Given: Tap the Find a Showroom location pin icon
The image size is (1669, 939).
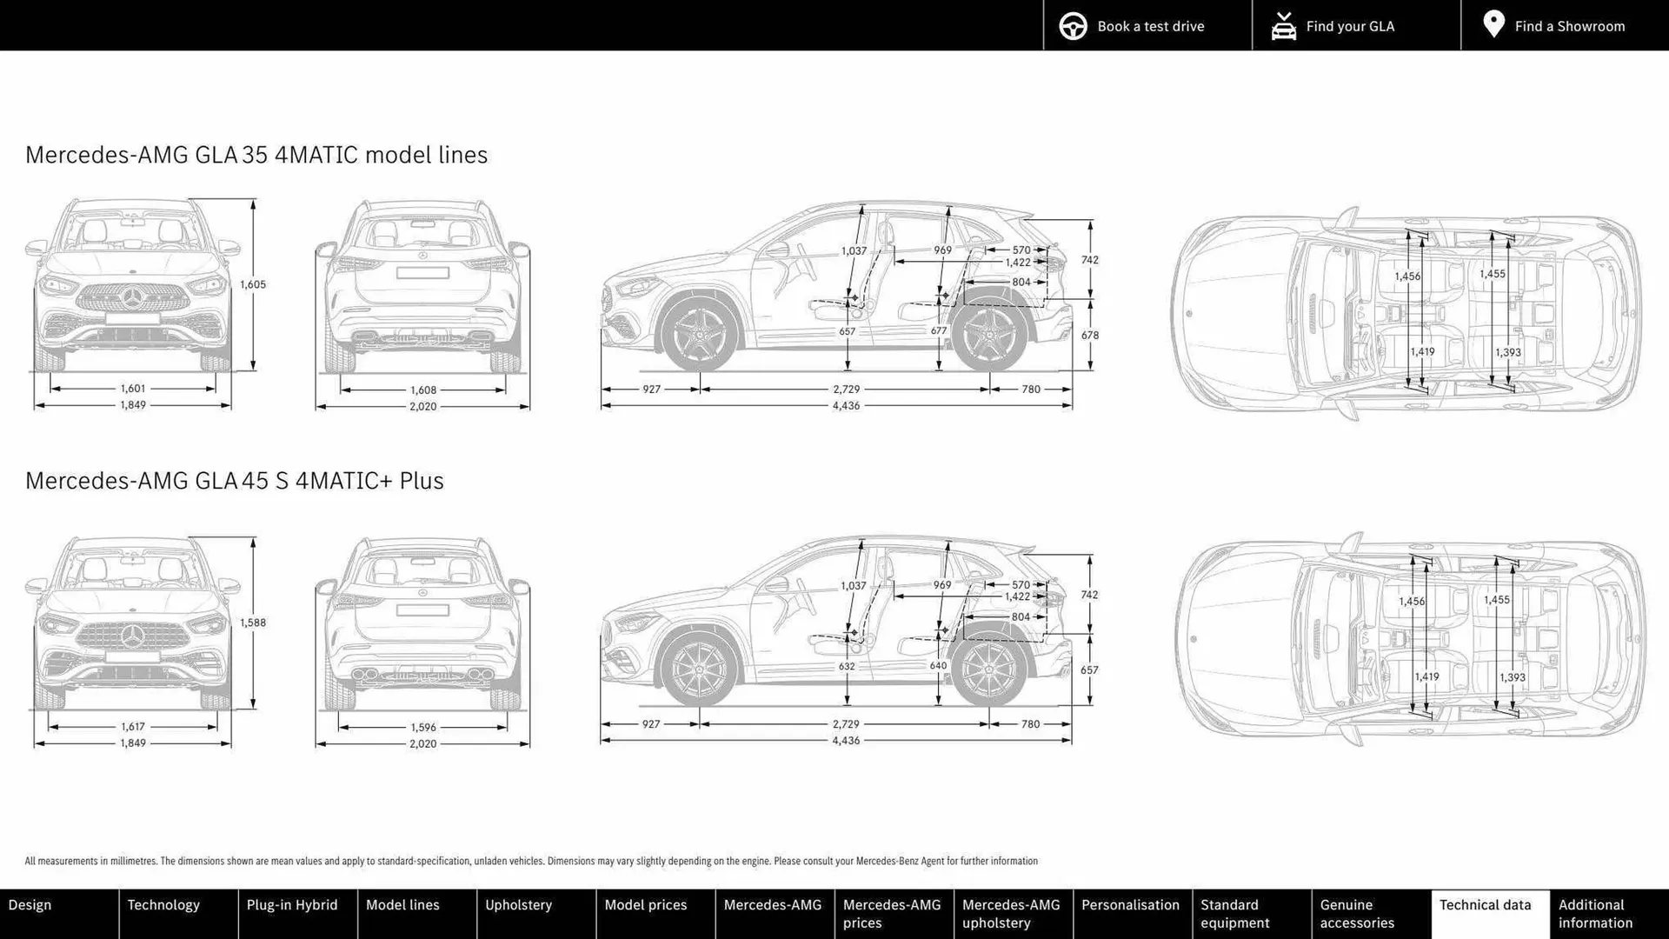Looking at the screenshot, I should (x=1493, y=24).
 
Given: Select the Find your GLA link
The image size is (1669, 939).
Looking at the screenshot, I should (x=1349, y=26).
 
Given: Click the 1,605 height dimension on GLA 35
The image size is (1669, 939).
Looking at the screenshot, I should (x=253, y=284).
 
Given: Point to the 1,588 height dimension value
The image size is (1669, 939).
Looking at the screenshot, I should (x=253, y=623).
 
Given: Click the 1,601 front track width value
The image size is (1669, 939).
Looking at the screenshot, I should (x=133, y=389).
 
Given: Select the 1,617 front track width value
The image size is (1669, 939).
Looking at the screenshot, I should (x=133, y=727).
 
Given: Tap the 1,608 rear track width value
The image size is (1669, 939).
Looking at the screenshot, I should (x=423, y=390).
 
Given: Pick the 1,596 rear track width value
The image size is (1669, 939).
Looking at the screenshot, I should (x=423, y=728).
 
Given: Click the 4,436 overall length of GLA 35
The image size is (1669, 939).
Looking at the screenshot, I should (x=846, y=406).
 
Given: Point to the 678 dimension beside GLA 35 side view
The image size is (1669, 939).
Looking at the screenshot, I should (x=1090, y=336).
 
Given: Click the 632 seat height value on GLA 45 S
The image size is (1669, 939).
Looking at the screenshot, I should (x=847, y=667).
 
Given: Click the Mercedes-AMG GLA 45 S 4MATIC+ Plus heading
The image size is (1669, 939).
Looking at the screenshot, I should (x=235, y=481).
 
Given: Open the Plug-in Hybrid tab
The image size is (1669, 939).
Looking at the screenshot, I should (x=292, y=905).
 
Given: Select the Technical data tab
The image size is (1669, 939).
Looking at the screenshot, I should (x=1485, y=905).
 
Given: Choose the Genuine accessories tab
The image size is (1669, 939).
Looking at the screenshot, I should (x=1357, y=914).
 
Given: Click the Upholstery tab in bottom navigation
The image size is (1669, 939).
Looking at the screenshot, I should (x=518, y=905).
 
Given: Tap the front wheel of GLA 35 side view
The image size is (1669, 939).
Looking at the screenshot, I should (x=699, y=336).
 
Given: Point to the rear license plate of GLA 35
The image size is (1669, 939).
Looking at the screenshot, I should (x=422, y=273).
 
